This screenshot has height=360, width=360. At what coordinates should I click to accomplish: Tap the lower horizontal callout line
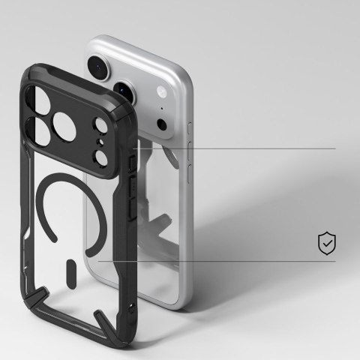click(225, 262)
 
